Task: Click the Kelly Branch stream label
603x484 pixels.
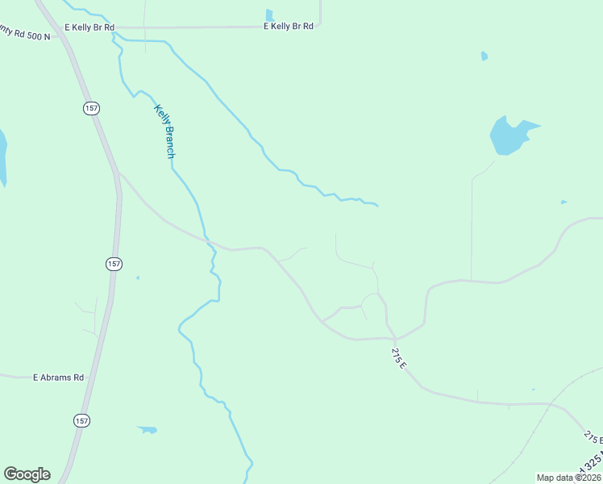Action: pos(164,130)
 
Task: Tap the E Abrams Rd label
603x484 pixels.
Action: pos(58,377)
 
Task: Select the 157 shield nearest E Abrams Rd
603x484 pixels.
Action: pos(81,420)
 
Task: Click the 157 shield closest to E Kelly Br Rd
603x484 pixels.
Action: pos(89,107)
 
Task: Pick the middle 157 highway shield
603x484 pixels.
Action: pos(114,264)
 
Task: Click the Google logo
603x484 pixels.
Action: pos(27,474)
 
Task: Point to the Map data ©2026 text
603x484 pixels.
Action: pos(568,478)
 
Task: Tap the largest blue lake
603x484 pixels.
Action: pos(509,136)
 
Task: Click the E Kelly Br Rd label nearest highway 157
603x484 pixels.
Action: pos(91,27)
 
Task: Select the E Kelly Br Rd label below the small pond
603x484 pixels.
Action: pos(288,27)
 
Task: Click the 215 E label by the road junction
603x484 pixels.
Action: pos(399,358)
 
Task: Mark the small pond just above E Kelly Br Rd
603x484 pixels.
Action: pos(269,15)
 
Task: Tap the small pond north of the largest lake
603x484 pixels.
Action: pos(484,56)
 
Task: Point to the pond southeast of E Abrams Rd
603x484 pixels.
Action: pos(147,429)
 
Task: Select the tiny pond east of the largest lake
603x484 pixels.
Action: pos(563,202)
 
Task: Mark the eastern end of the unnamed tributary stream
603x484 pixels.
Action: pos(376,205)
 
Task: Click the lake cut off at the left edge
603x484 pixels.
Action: pos(2,157)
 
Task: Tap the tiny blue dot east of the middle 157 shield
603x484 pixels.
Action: pos(138,278)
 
